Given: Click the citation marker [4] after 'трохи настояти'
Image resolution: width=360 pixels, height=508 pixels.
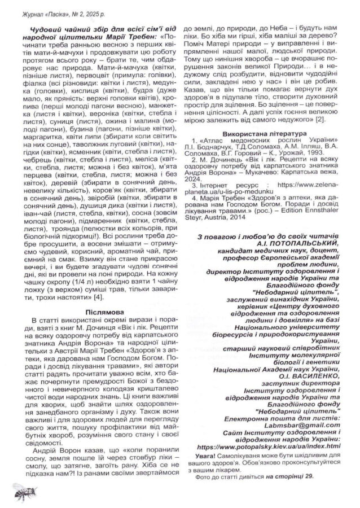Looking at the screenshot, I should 99,296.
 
